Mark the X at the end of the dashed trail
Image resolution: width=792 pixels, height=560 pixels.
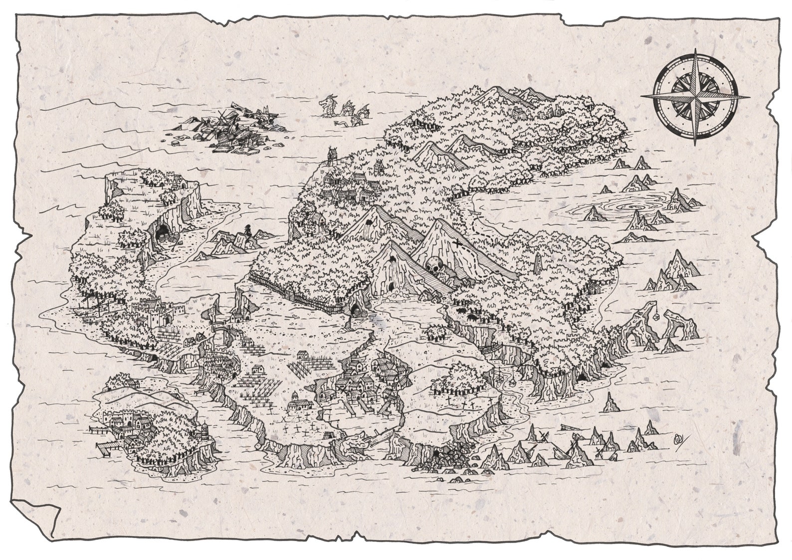coord(458,244)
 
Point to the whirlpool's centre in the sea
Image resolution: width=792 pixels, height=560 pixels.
coord(625,206)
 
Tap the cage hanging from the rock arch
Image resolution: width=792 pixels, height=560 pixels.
coord(656,316)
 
